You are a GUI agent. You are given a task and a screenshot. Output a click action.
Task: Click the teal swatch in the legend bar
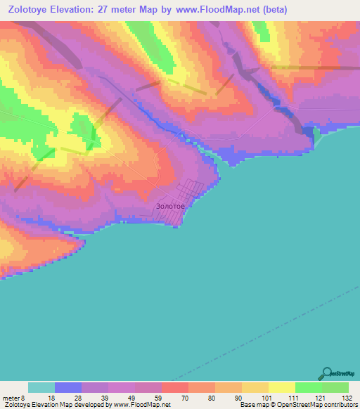[41, 387]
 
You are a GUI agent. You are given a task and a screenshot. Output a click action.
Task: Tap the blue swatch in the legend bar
[68, 387]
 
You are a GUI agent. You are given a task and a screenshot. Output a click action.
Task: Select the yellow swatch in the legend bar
[281, 387]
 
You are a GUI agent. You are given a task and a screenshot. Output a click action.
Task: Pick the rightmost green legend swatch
[335, 387]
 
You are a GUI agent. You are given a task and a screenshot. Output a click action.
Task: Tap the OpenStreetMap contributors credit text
[312, 405]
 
